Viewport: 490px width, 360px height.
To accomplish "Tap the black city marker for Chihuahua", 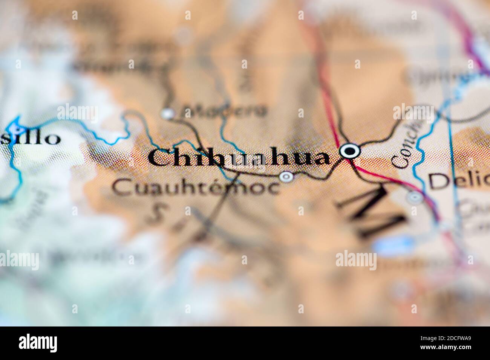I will tap(350, 151).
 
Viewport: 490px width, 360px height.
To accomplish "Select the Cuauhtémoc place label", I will tap(197, 187).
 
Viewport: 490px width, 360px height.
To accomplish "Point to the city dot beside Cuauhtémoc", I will tap(286, 176).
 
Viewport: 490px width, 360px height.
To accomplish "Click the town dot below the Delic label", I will tap(415, 197).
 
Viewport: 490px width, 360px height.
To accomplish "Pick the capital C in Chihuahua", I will tap(158, 158).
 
